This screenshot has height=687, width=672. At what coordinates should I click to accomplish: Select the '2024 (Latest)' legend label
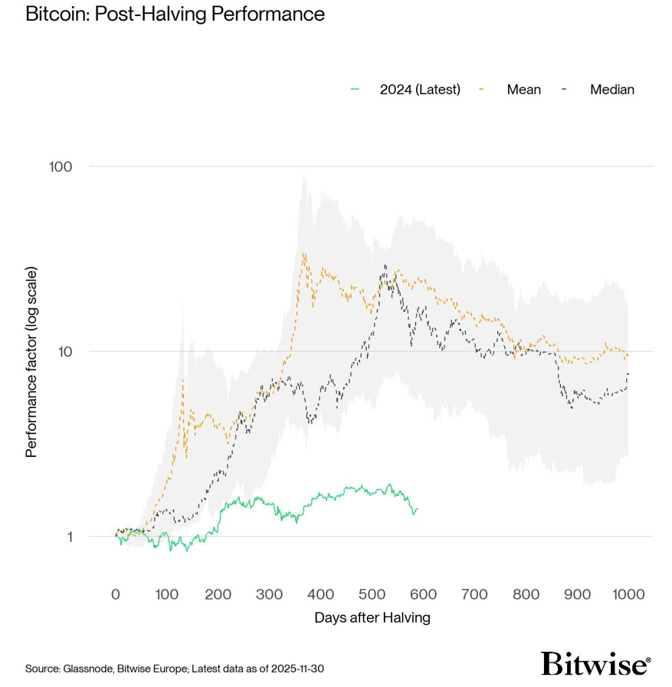(420, 90)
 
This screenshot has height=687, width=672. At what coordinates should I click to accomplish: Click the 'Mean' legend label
(523, 90)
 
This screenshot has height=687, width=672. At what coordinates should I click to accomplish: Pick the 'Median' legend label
(611, 90)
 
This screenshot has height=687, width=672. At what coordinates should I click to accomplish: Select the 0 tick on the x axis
(116, 594)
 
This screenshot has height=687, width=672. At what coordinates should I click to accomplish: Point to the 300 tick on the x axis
(269, 594)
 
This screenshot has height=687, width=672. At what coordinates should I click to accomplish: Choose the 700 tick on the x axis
(474, 594)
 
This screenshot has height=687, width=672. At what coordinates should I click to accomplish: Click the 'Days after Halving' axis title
(372, 617)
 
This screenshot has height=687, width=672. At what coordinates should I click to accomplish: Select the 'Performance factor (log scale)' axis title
(31, 362)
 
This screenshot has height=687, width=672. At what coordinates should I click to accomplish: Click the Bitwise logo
(595, 663)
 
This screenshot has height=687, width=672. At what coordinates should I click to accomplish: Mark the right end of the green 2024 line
(417, 509)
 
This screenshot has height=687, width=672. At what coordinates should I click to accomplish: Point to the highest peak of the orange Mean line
(304, 254)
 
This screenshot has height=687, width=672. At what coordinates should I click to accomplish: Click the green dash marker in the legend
(354, 90)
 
